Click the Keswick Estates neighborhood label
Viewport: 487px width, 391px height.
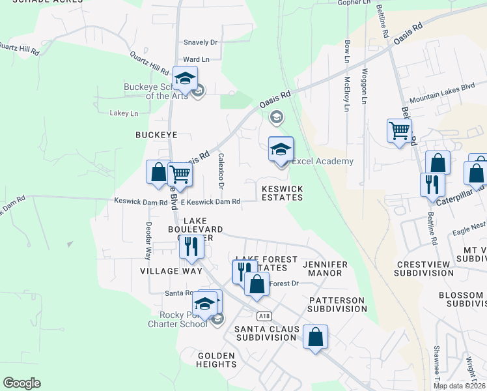pos(282,193)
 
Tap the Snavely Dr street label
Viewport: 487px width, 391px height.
pos(200,42)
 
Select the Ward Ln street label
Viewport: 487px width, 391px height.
pos(196,59)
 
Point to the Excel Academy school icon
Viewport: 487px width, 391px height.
pos(281,151)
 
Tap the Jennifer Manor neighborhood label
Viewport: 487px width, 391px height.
pos(325,268)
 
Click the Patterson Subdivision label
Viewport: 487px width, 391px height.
pos(337,304)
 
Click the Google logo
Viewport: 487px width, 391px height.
pos(21,383)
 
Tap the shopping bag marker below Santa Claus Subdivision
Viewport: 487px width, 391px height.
pos(315,338)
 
